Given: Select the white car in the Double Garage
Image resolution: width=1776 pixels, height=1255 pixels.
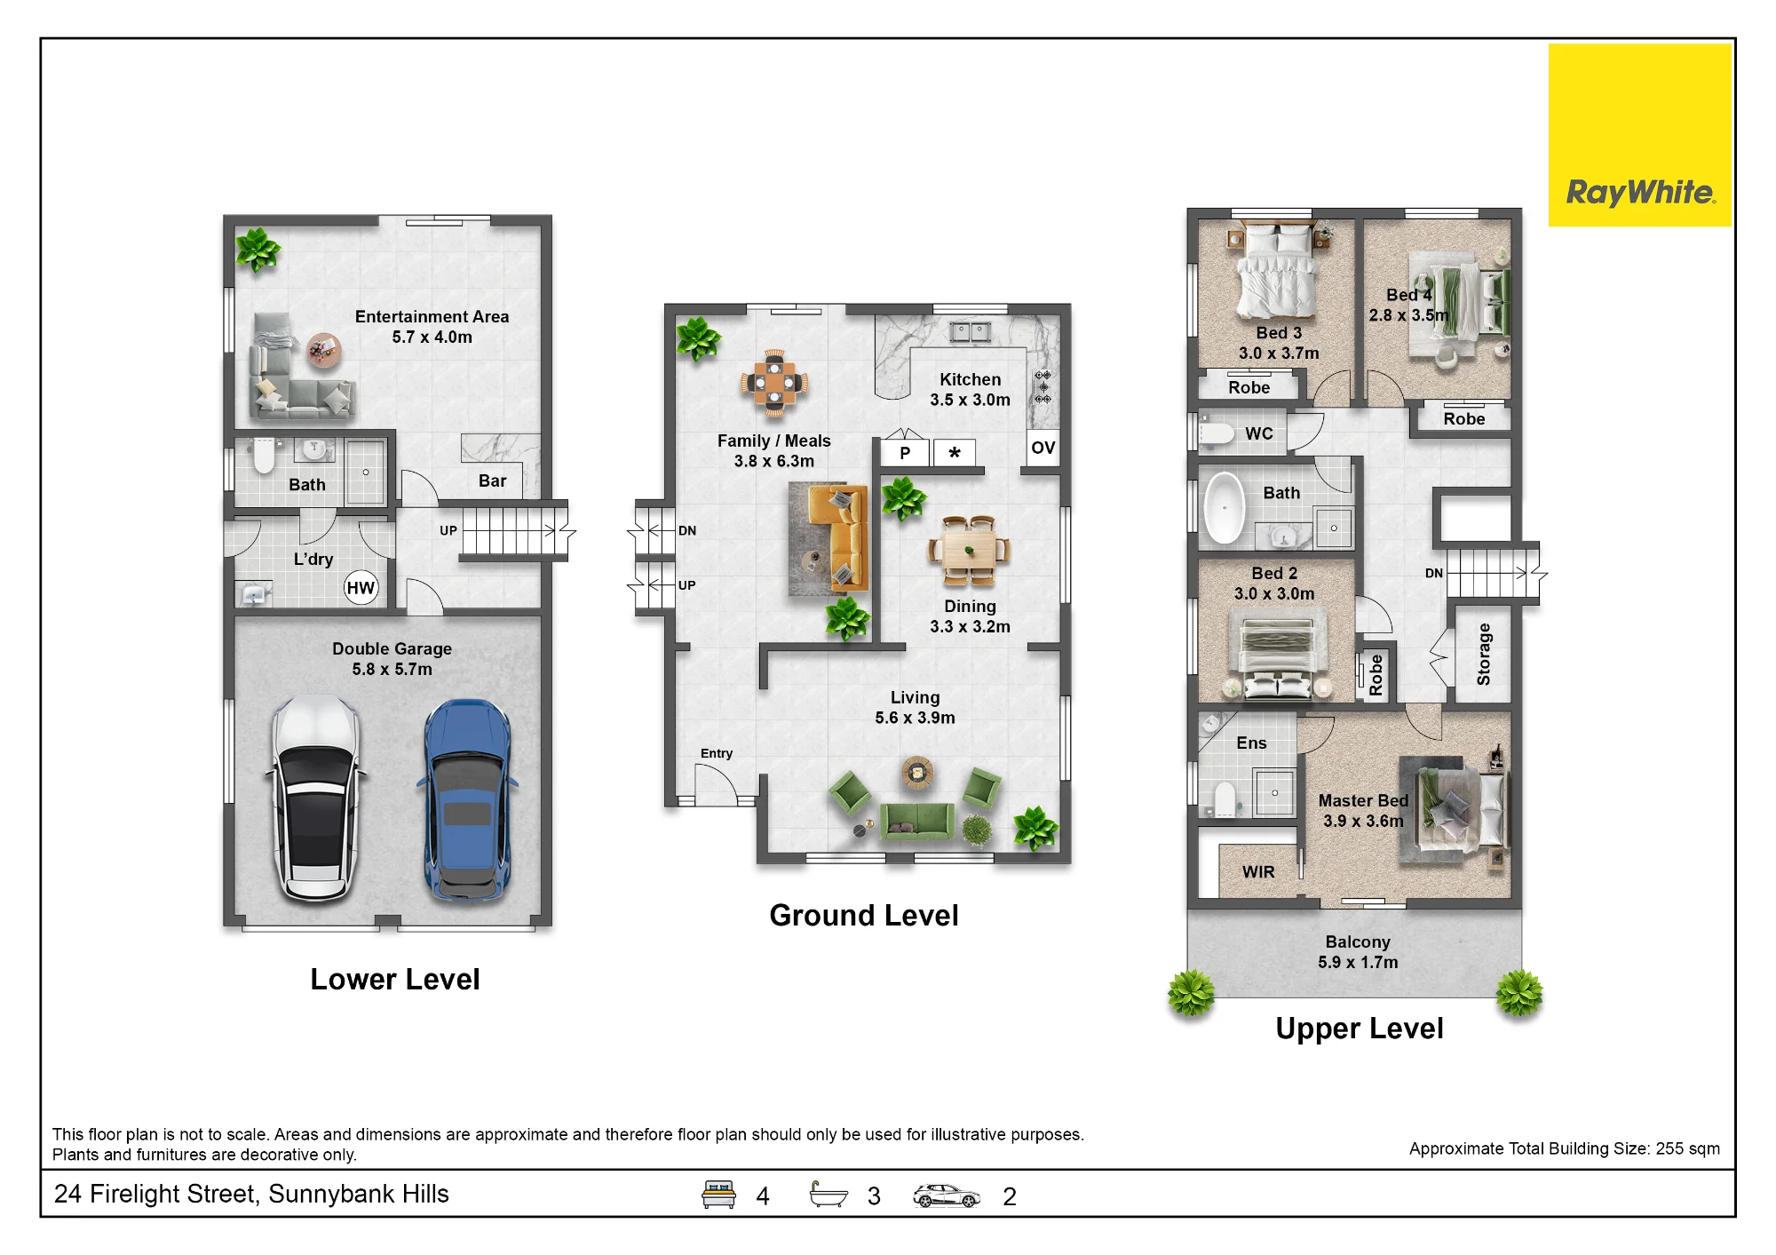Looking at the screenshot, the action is coord(315,798).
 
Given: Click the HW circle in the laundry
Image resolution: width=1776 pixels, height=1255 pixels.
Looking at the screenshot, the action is coord(361,588).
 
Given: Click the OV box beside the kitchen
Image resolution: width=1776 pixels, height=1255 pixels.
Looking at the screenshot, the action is coord(1043,449).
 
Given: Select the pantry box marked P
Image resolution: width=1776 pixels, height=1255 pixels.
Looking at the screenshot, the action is coord(904,453).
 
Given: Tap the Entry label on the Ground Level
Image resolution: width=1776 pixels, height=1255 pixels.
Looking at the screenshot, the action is coord(717,753).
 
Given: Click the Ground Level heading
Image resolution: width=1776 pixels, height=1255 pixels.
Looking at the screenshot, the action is coord(864,916).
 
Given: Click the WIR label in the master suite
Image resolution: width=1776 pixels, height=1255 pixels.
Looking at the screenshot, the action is coord(1258,872).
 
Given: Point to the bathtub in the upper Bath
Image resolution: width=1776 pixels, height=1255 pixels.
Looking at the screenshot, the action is coord(1225,507).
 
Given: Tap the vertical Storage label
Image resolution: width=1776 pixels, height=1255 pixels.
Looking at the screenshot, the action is coord(1483,655).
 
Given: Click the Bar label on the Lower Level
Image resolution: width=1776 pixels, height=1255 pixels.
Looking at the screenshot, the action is coord(493,481).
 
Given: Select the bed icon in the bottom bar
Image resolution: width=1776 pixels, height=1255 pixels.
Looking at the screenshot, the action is coord(718,1195).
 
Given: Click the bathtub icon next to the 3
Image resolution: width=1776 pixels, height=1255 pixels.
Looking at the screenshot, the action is coord(829,1195).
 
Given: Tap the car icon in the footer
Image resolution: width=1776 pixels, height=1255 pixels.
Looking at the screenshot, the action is coord(947,1195).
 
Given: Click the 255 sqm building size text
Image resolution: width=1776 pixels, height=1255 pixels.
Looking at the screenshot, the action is coord(1687,1148).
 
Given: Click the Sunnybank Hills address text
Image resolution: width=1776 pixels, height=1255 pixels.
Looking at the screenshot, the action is coord(359,1195).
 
